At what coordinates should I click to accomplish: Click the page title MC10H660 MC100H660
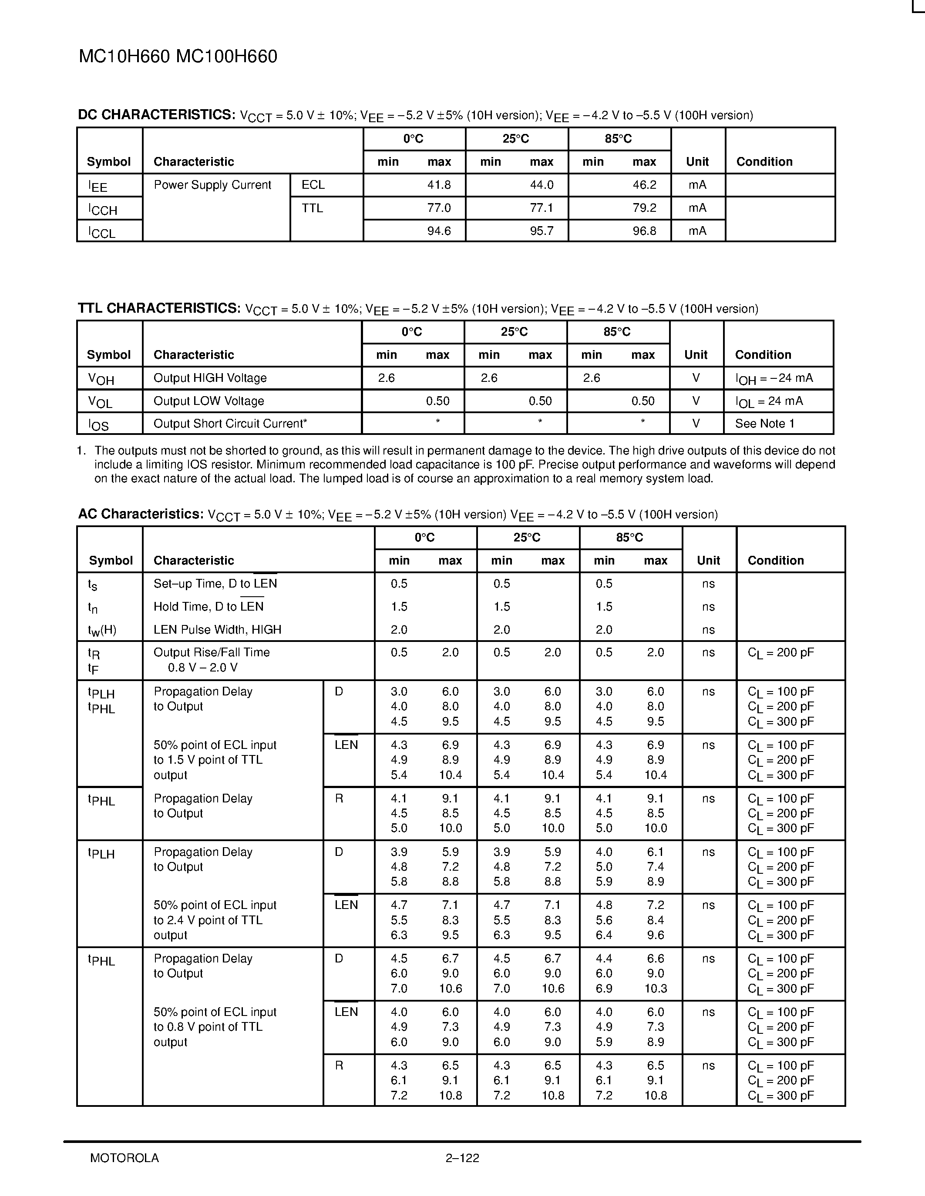[178, 57]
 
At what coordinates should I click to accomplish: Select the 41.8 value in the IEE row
[438, 185]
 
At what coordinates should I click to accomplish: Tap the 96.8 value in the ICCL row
[644, 231]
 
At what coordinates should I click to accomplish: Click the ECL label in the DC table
[313, 185]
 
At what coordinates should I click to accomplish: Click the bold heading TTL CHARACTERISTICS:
[159, 308]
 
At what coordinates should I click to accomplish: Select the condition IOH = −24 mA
[774, 378]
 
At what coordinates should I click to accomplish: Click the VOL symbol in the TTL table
[100, 402]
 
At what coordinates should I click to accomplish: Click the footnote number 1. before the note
[82, 451]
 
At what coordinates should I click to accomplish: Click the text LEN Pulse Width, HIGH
[217, 630]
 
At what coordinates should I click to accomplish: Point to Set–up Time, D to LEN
[215, 584]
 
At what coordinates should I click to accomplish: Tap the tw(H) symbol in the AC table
[102, 630]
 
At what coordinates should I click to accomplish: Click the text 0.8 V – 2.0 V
[203, 668]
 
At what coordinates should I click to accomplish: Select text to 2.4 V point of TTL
[208, 920]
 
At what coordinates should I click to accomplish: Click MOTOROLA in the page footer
[124, 1158]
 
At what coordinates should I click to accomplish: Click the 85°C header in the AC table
[629, 538]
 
